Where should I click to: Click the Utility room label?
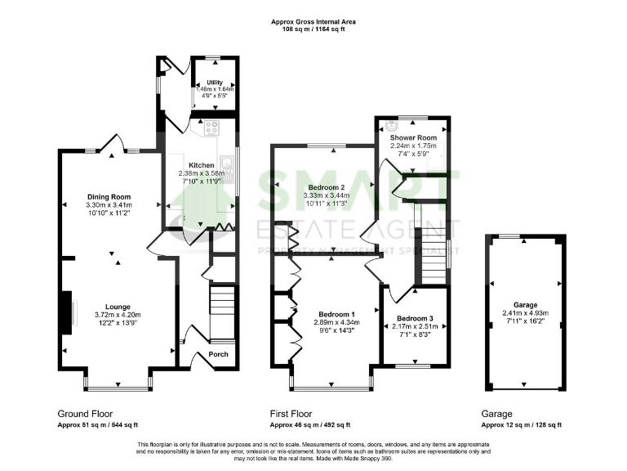[215, 83]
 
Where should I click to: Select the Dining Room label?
[109, 197]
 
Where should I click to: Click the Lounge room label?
[106, 306]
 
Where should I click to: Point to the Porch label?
[218, 354]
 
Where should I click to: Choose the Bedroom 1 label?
[336, 315]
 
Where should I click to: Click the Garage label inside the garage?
[525, 303]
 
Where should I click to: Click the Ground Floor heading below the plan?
[85, 414]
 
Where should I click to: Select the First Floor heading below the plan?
[291, 414]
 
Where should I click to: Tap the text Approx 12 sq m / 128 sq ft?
[522, 425]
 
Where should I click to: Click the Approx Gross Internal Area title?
[313, 21]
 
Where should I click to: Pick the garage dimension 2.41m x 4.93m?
[525, 312]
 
